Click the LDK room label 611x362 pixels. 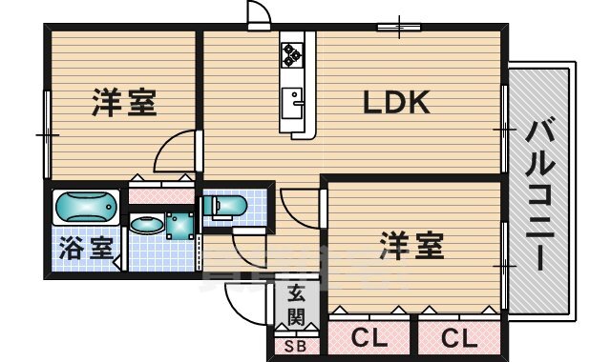pyautogui.click(x=396, y=102)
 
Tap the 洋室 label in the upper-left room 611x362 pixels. pyautogui.click(x=124, y=102)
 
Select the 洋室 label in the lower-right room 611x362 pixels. pyautogui.click(x=411, y=246)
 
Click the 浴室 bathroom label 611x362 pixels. pyautogui.click(x=86, y=248)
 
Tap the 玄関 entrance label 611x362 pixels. pyautogui.click(x=296, y=305)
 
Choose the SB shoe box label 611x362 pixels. pyautogui.click(x=295, y=346)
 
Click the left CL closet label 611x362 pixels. pyautogui.click(x=369, y=338)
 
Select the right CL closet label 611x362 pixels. pyautogui.click(x=459, y=338)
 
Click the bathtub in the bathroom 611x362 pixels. pyautogui.click(x=86, y=207)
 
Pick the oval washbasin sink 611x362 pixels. pyautogui.click(x=147, y=225)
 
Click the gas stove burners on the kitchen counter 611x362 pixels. pyautogui.click(x=292, y=55)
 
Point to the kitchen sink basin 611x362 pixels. pyautogui.click(x=292, y=103)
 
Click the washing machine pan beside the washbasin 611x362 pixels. pyautogui.click(x=179, y=226)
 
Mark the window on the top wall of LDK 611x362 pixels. pyautogui.click(x=399, y=27)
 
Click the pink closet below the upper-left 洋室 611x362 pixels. pyautogui.click(x=161, y=195)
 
